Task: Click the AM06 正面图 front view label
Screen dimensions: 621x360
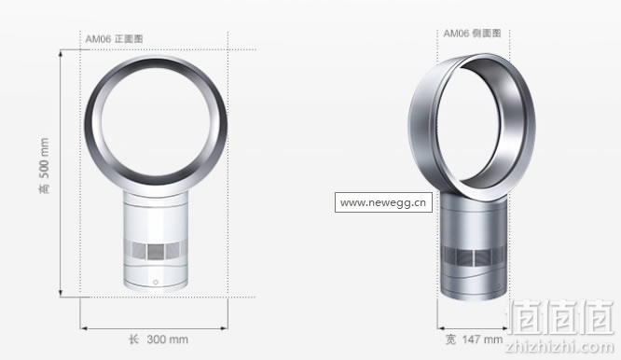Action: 114,39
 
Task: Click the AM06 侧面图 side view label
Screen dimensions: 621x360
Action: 472,34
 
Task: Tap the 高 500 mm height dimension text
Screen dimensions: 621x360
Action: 45,166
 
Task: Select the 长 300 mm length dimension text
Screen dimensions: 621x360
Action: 158,339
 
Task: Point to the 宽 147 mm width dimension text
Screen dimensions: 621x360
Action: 474,339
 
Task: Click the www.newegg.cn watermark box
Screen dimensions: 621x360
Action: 383,202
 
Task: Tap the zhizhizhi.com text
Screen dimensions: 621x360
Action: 559,347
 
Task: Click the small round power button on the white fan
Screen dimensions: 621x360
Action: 155,282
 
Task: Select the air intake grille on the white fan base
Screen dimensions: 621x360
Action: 156,250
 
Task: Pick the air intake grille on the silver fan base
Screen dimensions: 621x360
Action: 474,257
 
